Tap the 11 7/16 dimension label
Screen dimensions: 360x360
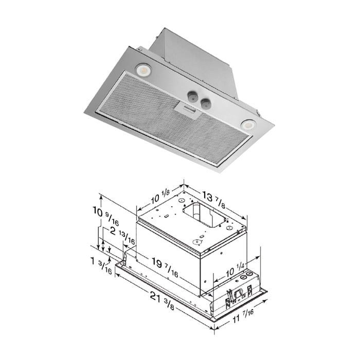(x=243, y=316)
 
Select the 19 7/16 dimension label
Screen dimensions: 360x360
(x=165, y=266)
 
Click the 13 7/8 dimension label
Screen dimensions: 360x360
(x=213, y=199)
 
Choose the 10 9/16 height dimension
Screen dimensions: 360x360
(x=106, y=215)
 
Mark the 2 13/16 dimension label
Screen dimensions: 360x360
(x=122, y=235)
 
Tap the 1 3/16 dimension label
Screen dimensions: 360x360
(x=101, y=265)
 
